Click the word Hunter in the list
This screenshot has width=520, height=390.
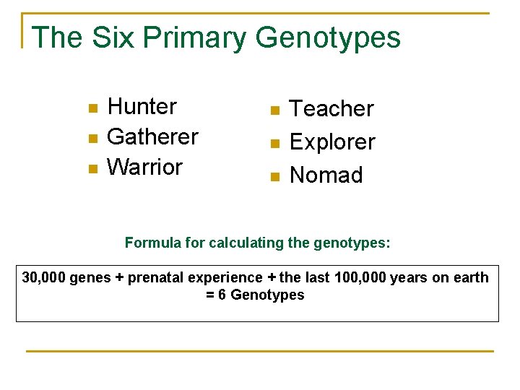tap(142, 107)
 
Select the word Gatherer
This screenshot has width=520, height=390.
tap(152, 136)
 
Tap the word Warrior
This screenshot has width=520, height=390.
tap(144, 167)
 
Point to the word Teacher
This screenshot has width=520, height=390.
tap(331, 109)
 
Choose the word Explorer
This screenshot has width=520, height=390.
tap(332, 142)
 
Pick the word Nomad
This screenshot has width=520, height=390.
tap(326, 175)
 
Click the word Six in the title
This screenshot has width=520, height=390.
tap(113, 38)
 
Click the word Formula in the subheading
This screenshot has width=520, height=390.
tap(152, 243)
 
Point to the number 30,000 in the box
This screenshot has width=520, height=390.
tap(44, 277)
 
